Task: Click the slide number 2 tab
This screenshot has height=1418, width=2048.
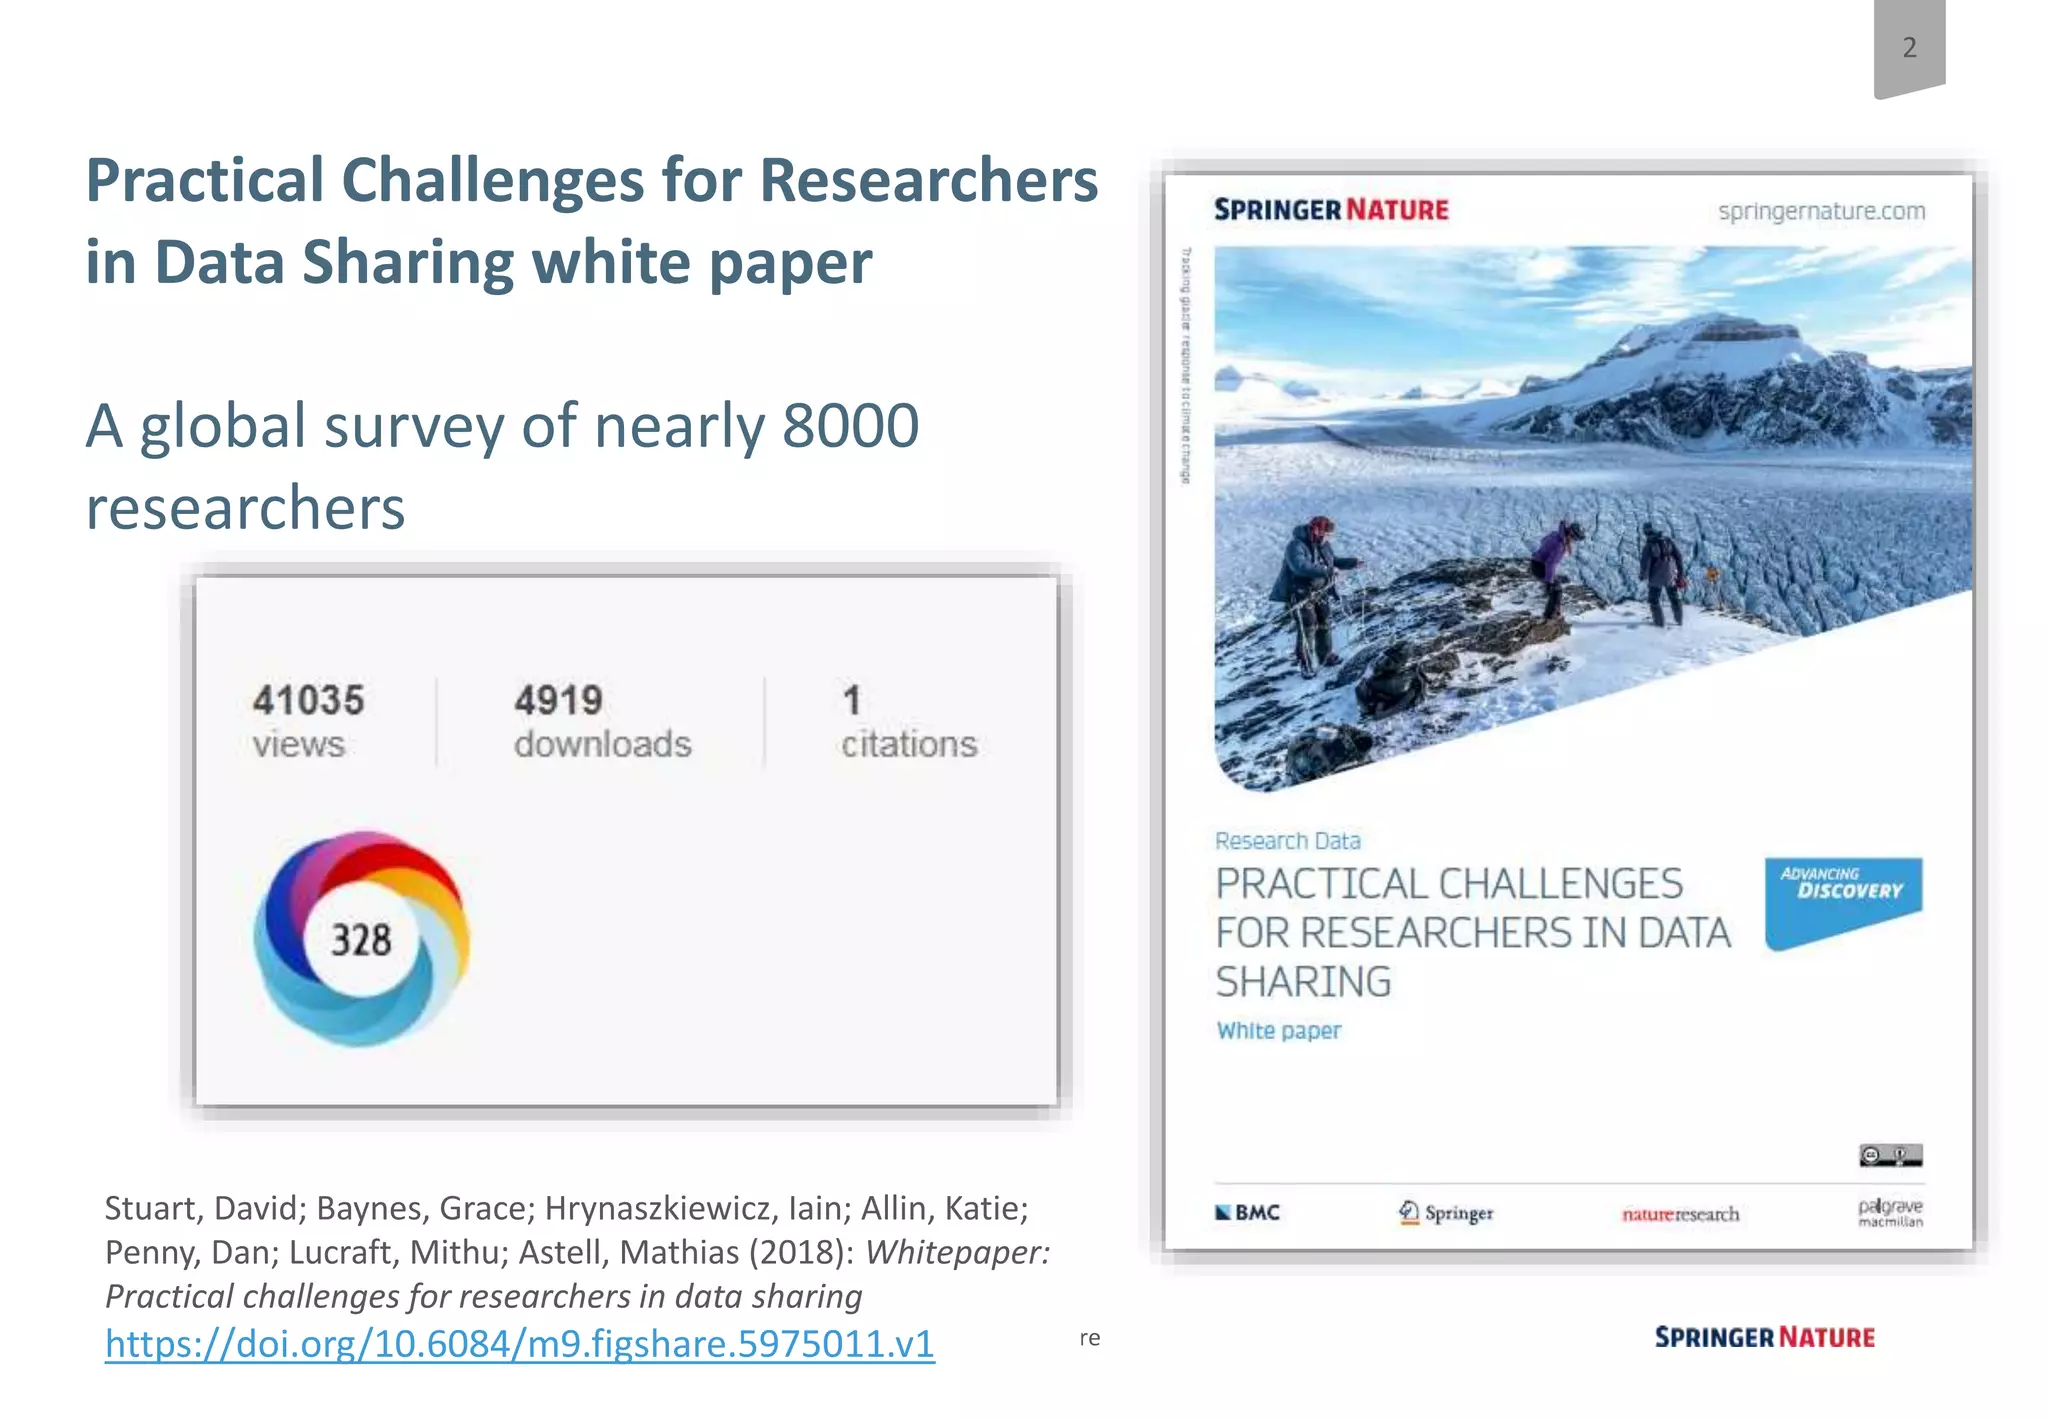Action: [1909, 47]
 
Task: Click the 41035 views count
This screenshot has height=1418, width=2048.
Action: [308, 701]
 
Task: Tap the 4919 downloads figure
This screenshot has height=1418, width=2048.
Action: [559, 701]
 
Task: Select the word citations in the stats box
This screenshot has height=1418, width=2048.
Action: [909, 745]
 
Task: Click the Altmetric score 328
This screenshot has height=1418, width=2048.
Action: [361, 940]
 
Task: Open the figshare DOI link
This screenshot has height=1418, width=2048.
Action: [520, 1343]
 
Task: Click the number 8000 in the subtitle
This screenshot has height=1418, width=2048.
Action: [850, 426]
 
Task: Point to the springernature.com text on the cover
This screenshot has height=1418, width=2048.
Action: [1821, 211]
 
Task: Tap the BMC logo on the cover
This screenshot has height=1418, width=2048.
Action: [1247, 1213]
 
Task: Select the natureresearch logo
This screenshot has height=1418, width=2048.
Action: [1680, 1214]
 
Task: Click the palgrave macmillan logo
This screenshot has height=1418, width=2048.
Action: [1890, 1212]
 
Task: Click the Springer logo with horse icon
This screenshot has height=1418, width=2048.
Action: [1445, 1213]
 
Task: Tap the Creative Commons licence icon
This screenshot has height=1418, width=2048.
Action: [1890, 1156]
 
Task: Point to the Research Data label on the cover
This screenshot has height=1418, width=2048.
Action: [1288, 841]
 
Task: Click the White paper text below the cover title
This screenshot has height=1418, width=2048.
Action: [1279, 1031]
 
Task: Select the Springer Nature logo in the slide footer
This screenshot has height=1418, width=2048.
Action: [1764, 1338]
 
